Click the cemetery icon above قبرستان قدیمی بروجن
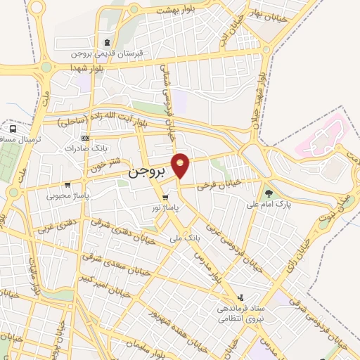click(107, 43)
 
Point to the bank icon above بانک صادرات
click(86, 138)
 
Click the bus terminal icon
click(13, 129)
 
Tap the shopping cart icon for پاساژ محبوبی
click(67, 184)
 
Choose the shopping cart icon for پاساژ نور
click(165, 198)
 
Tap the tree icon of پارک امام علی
click(269, 193)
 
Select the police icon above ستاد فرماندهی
click(242, 298)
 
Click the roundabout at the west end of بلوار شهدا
click(46, 67)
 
